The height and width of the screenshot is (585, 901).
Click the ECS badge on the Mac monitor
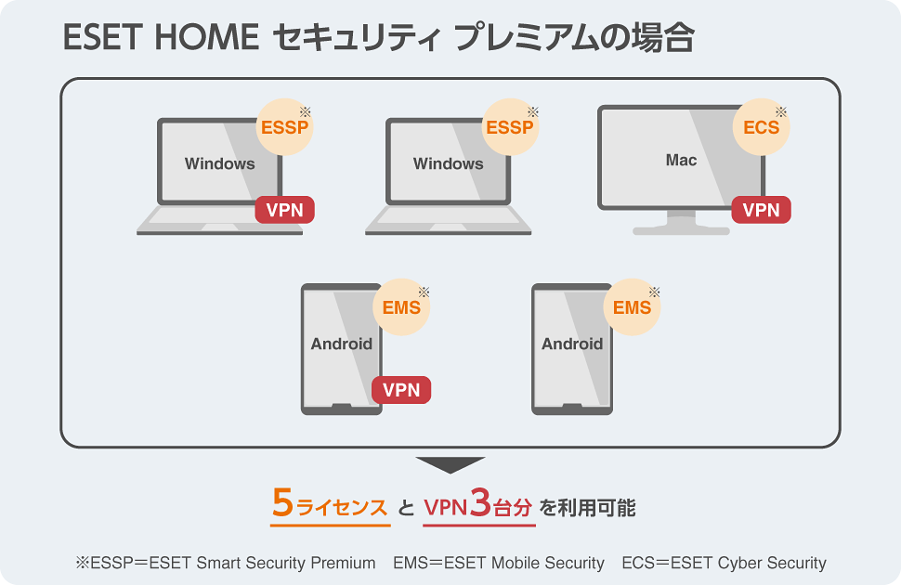(762, 127)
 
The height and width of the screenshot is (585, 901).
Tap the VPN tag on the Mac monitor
(762, 210)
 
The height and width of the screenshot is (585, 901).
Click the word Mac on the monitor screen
(681, 161)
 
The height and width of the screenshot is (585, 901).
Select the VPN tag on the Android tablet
(401, 390)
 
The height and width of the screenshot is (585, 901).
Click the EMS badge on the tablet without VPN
(633, 307)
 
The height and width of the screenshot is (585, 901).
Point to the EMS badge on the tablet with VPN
(402, 307)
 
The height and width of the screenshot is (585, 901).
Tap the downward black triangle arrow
(450, 464)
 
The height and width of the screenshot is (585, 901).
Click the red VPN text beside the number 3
(446, 508)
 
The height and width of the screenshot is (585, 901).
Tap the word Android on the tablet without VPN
(572, 344)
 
